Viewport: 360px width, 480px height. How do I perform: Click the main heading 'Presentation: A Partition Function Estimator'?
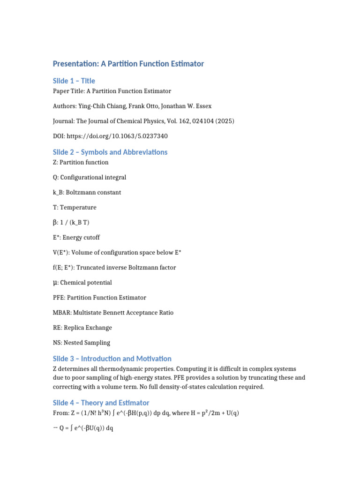(x=128, y=63)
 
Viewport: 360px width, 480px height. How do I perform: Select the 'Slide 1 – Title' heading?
(x=74, y=81)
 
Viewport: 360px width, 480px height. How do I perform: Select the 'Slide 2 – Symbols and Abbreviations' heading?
(x=110, y=152)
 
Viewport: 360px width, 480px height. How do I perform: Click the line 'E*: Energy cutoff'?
(x=76, y=237)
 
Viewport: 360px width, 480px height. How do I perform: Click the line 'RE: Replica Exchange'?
(x=82, y=327)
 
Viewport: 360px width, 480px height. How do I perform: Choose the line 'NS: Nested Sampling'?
(x=82, y=342)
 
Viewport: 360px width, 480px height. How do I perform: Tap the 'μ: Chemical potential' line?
(x=82, y=283)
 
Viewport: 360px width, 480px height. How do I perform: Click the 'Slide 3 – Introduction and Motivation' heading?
(x=112, y=359)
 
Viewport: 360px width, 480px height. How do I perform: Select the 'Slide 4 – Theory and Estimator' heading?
(x=101, y=403)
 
